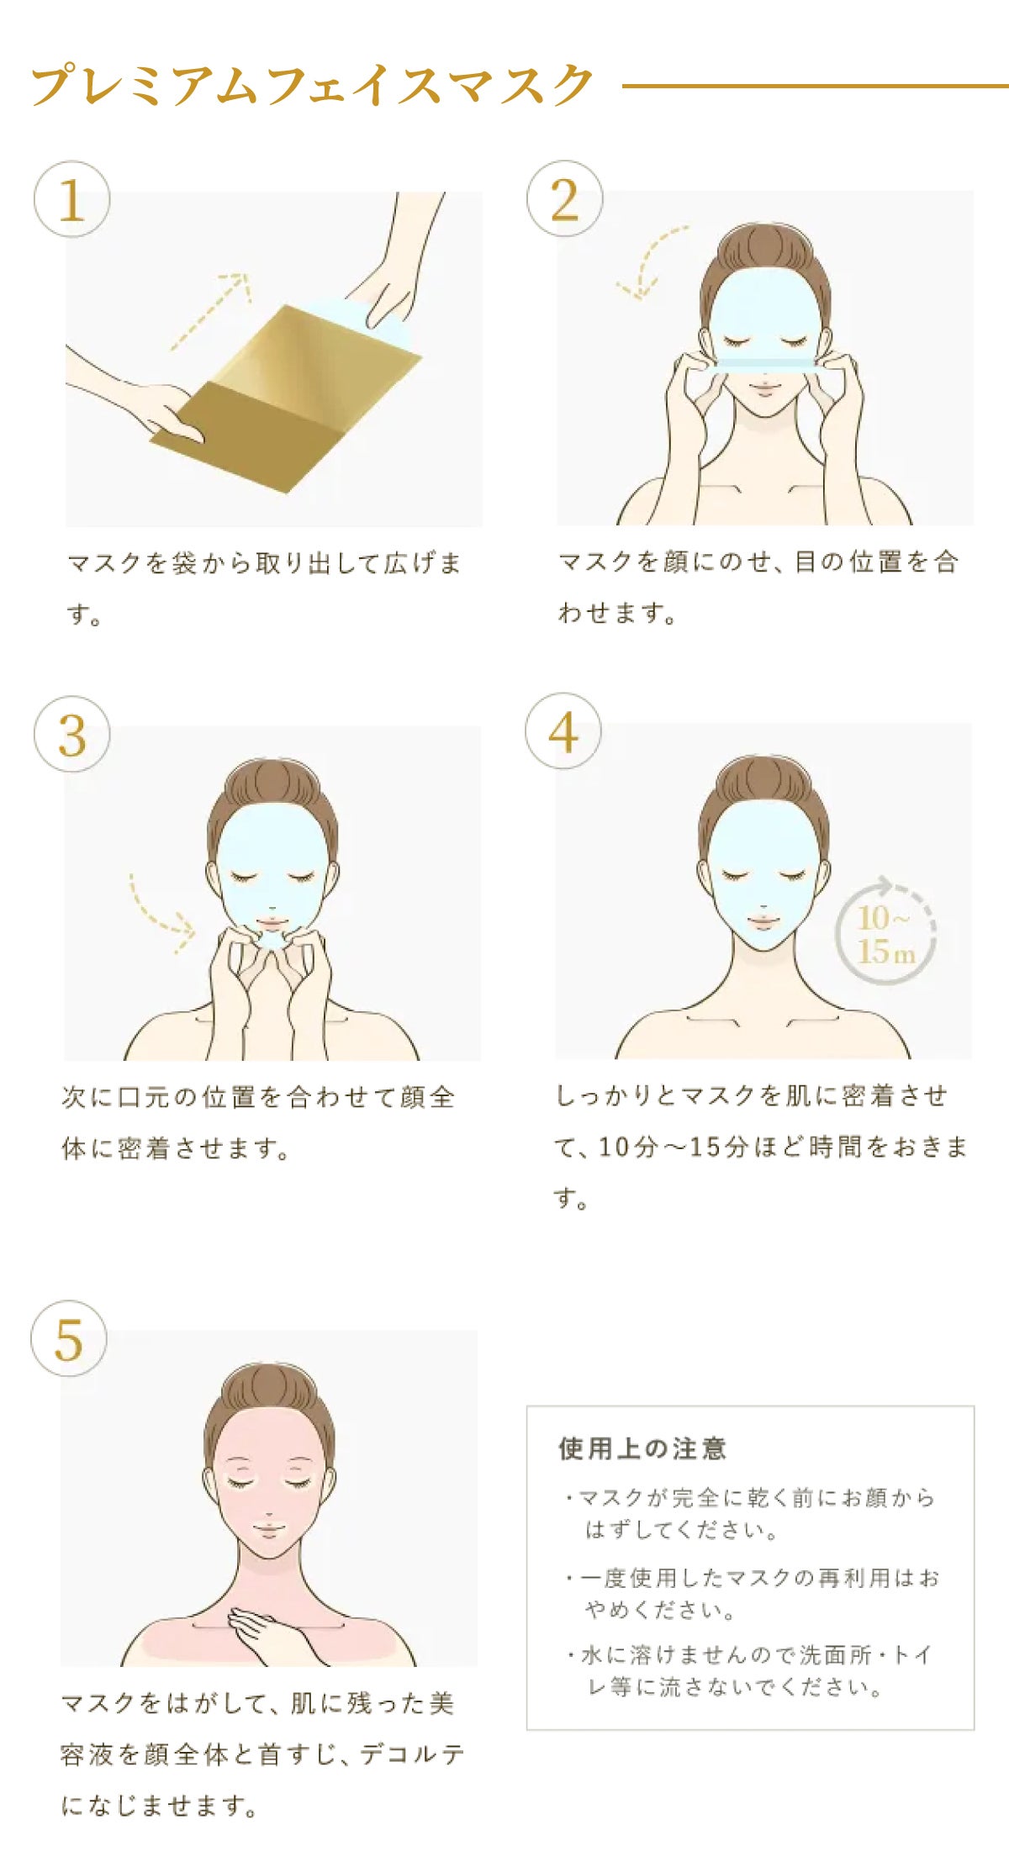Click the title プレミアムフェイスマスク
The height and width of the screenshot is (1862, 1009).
(312, 85)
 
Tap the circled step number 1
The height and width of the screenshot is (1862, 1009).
(71, 199)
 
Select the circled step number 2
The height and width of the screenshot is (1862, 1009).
(564, 199)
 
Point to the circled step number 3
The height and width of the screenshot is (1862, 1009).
(71, 734)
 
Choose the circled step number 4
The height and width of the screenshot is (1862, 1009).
(563, 731)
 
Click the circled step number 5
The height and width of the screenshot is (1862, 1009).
(69, 1338)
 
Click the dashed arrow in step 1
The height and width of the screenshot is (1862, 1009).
(210, 311)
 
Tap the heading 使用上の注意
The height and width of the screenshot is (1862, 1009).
(642, 1448)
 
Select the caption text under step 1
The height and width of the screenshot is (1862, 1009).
(264, 588)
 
